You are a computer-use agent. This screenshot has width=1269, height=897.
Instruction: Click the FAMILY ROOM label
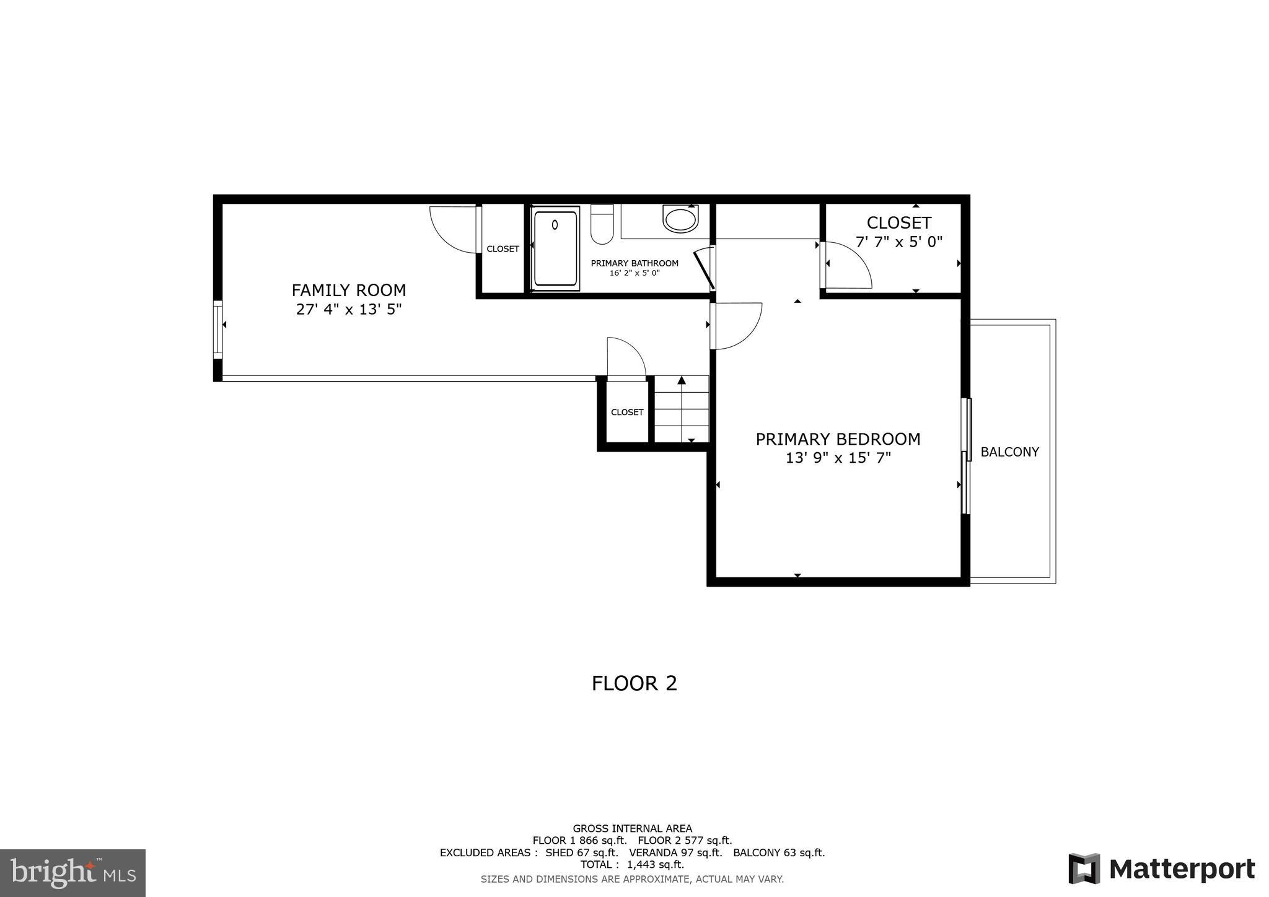point(349,290)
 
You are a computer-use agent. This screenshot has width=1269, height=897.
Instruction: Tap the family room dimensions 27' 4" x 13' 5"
point(349,309)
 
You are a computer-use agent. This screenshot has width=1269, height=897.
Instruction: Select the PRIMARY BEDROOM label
point(838,439)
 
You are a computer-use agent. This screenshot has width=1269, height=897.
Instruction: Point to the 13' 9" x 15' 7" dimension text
point(838,458)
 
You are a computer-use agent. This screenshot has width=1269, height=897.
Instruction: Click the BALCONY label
point(1009,452)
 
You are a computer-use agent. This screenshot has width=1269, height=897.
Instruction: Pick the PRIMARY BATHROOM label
point(634,263)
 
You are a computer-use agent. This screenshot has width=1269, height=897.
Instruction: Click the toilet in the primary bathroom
point(602,225)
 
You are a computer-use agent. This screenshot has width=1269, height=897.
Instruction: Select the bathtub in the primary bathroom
point(556,248)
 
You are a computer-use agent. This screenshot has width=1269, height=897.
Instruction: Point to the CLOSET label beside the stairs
point(627,413)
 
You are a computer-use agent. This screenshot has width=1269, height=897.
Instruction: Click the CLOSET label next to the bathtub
point(503,249)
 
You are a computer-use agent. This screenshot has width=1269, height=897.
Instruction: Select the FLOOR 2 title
point(634,683)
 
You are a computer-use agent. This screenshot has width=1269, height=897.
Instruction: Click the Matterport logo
point(1162,869)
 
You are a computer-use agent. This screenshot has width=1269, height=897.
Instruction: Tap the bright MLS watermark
point(72,873)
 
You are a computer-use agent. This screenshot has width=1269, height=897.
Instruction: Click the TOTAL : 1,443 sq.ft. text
point(632,865)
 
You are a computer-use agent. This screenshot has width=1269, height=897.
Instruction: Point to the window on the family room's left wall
point(217,330)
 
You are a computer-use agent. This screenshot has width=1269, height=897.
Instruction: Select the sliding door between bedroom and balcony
point(966,456)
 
